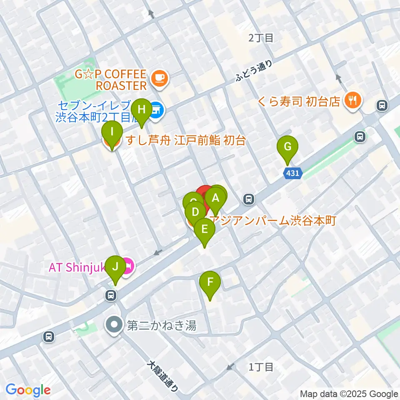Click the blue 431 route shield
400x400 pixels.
pos(293,172)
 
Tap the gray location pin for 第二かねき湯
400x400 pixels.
pos(114,325)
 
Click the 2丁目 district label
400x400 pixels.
pos(261,38)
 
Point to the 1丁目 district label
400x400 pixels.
pos(261,367)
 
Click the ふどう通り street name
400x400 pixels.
pos(254,70)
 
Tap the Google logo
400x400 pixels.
pos(28,390)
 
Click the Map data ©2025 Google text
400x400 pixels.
pos(349,394)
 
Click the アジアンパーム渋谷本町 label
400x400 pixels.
pos(273,220)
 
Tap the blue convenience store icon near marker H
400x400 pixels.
pos(157,110)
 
